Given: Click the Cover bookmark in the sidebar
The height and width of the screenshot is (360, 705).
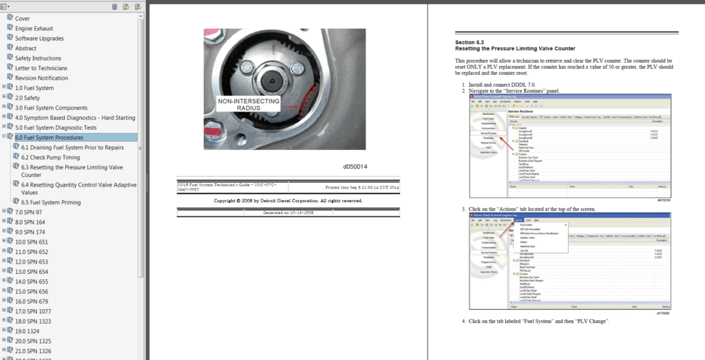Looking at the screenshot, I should click(x=22, y=19).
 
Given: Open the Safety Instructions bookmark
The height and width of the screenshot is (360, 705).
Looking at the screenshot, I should click(x=38, y=59).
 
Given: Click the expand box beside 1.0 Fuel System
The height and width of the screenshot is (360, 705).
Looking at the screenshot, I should click(x=3, y=87).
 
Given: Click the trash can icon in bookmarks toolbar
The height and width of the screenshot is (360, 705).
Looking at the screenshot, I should click(x=114, y=6).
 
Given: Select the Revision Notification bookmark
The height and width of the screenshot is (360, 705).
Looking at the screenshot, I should click(x=41, y=78).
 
